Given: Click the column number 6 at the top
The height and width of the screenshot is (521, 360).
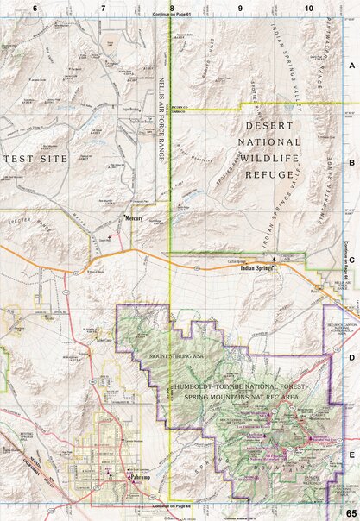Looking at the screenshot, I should click(x=35, y=8).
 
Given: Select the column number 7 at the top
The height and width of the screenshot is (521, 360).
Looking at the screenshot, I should click(x=103, y=8).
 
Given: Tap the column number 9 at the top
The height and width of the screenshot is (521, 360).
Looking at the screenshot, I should click(x=240, y=8).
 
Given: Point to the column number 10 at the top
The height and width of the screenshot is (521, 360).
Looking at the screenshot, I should click(x=308, y=8).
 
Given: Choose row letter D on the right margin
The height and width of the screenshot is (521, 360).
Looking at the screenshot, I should click(x=351, y=355).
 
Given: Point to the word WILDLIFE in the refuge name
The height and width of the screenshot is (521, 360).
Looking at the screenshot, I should click(x=268, y=157).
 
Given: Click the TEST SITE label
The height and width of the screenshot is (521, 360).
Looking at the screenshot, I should click(x=30, y=159).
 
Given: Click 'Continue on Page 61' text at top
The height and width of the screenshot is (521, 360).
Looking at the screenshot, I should click(x=173, y=16).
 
